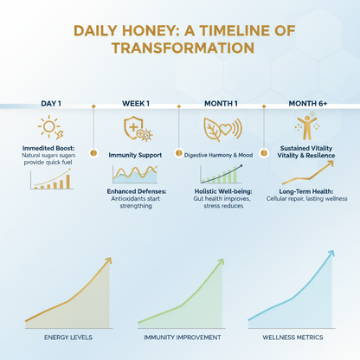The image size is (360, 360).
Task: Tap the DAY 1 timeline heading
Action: (x=51, y=104)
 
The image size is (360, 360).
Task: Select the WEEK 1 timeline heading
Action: (x=136, y=104)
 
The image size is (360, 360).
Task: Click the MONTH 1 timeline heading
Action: (x=221, y=104)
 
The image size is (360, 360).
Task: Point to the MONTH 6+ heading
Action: (x=307, y=104)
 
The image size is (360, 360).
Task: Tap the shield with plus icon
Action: (x=136, y=130)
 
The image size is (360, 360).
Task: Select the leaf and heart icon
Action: (x=221, y=130)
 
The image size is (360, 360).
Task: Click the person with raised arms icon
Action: (x=307, y=127)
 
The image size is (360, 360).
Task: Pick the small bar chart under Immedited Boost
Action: (x=51, y=179)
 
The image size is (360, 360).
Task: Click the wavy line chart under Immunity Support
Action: (x=135, y=173)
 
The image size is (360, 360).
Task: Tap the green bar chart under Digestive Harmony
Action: (x=222, y=174)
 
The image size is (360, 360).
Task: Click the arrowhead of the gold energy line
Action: (x=108, y=260)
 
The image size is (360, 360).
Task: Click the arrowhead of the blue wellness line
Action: (x=332, y=254)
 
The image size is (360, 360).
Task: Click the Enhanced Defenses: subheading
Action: (x=136, y=191)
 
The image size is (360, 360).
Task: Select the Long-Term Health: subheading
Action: (x=307, y=190)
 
